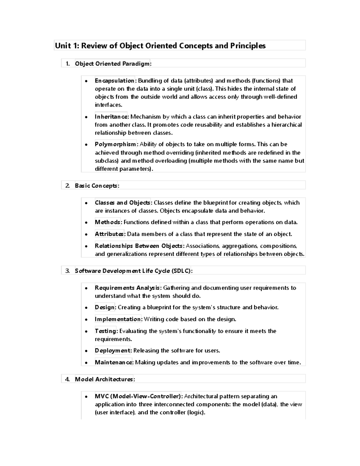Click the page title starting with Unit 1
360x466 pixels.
tap(160, 46)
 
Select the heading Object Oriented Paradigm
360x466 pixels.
tap(113, 64)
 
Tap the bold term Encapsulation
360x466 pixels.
tap(115, 81)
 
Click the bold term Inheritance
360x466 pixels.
tap(111, 117)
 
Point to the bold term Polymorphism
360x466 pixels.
tap(115, 144)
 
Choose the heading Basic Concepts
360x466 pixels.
tap(97, 186)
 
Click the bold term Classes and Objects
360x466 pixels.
tap(122, 203)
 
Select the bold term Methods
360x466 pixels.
tap(108, 222)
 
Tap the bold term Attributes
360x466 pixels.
tap(109, 234)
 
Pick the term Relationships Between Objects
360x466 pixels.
tap(139, 246)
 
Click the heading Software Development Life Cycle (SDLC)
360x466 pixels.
tap(133, 271)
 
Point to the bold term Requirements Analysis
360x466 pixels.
tap(127, 288)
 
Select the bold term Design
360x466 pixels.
tap(105, 308)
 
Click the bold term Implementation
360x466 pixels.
tap(118, 319)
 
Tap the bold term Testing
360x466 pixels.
tap(106, 331)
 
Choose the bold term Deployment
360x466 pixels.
tap(112, 351)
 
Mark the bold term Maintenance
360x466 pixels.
tap(113, 362)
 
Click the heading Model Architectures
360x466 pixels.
tap(104, 379)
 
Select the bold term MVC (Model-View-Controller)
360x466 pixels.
tap(138, 396)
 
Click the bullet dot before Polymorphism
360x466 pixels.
tap(86, 145)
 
